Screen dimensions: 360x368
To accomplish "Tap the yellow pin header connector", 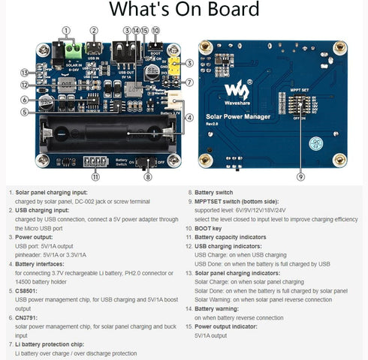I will [x=173, y=66].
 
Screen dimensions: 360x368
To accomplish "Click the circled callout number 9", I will [x=300, y=177].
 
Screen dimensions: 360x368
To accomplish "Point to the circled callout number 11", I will [x=95, y=177].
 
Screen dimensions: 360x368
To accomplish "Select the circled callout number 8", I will [x=148, y=177].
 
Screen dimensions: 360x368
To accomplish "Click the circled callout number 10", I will [x=155, y=31].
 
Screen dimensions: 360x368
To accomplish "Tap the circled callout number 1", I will [x=67, y=31].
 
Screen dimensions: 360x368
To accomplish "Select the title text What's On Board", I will [x=184, y=10].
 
